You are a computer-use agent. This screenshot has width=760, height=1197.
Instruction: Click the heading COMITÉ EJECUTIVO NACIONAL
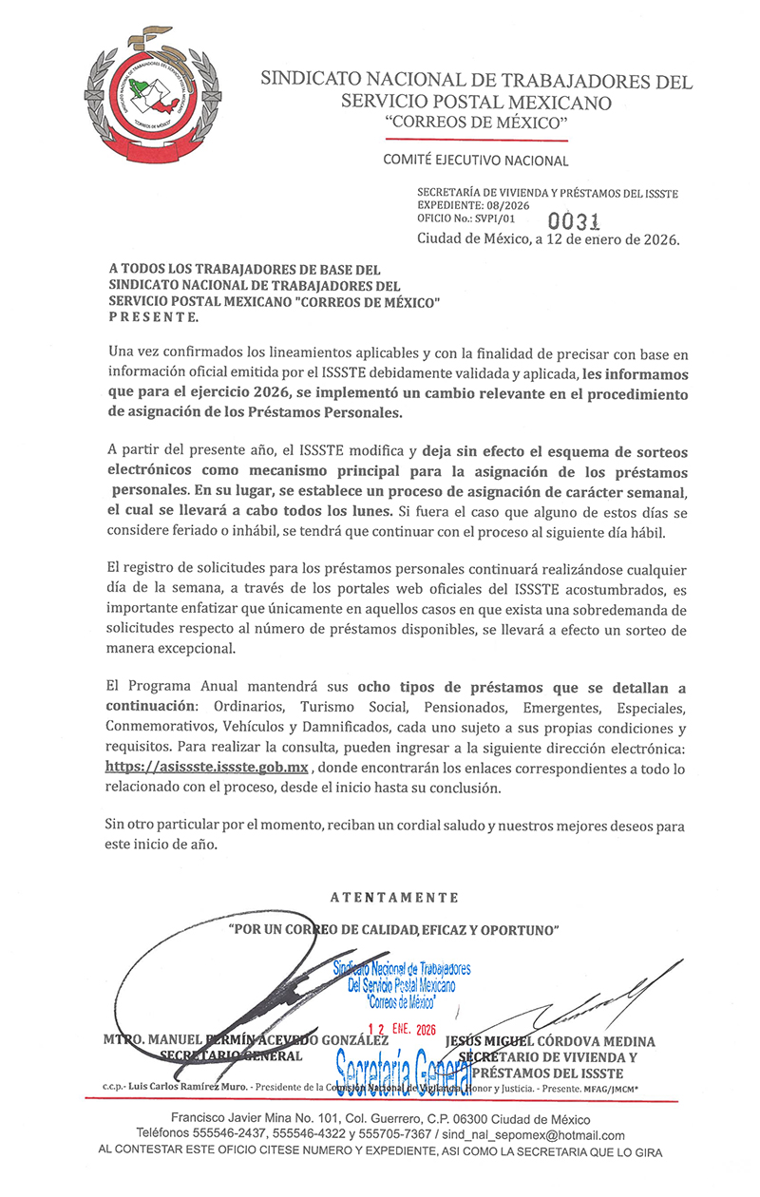[476, 161]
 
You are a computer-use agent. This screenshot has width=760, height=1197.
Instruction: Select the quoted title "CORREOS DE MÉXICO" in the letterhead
[476, 124]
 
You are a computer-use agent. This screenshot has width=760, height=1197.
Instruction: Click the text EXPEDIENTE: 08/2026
[473, 205]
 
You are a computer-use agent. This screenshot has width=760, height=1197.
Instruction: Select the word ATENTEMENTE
[394, 897]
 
